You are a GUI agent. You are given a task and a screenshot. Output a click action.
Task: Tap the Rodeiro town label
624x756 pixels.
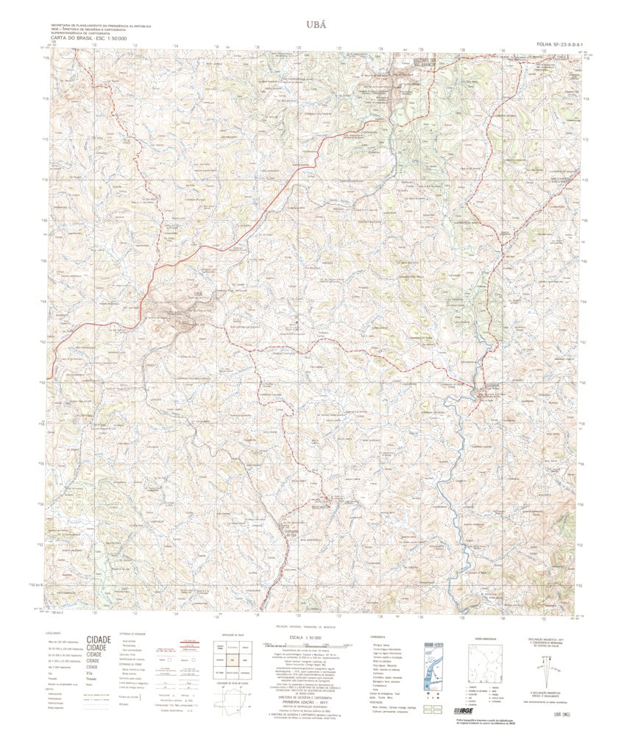[x=322, y=506]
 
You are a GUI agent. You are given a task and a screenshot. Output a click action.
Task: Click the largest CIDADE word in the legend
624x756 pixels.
[x=99, y=640]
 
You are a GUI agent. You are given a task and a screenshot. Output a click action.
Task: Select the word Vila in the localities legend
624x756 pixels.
[x=91, y=674]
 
